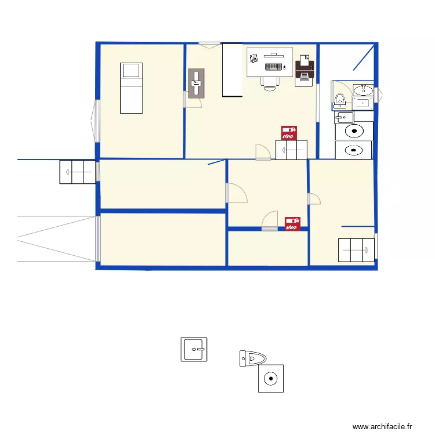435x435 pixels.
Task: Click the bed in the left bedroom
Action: [130, 88]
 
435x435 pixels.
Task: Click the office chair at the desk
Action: [270, 82]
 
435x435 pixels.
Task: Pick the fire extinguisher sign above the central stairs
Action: [289, 133]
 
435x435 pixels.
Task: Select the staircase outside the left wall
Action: [77, 172]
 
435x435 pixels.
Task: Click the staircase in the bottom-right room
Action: [356, 250]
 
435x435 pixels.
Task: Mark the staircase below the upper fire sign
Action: [291, 151]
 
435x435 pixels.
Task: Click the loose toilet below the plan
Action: [253, 358]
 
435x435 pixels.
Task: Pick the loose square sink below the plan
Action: [194, 350]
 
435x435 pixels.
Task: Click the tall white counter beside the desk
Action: [232, 70]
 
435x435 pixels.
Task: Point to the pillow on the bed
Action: [130, 71]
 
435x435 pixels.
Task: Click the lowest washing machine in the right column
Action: [354, 150]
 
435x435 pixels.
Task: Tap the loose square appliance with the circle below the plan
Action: [271, 379]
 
